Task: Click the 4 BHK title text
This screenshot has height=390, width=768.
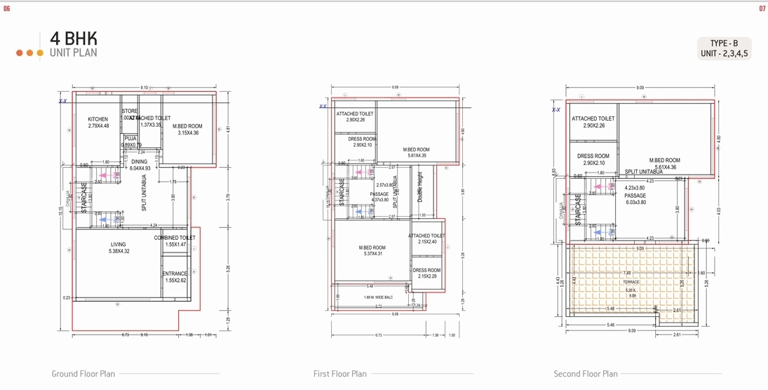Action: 73,39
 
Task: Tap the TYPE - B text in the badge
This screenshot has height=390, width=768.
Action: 724,43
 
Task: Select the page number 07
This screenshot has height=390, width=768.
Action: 762,9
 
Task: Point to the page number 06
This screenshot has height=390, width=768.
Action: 7,9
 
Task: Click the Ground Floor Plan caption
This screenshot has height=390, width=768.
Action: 83,374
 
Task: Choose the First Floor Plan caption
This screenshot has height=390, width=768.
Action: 339,374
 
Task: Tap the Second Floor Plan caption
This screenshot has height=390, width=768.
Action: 585,374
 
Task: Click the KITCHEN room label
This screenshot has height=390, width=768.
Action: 98,120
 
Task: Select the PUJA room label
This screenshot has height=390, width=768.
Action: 130,139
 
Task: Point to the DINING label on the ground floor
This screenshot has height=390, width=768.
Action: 140,162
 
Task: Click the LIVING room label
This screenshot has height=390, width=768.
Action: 118,245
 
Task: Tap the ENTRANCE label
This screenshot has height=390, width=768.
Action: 175,274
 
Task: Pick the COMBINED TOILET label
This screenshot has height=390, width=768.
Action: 175,238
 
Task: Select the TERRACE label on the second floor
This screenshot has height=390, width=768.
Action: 631,282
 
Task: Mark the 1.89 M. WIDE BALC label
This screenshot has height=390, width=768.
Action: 378,297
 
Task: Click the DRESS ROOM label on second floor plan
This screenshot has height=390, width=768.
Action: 593,156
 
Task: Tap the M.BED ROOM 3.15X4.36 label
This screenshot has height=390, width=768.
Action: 187,127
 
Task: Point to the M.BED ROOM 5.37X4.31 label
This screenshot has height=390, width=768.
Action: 372,248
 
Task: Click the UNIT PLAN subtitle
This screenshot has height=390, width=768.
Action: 73,53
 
